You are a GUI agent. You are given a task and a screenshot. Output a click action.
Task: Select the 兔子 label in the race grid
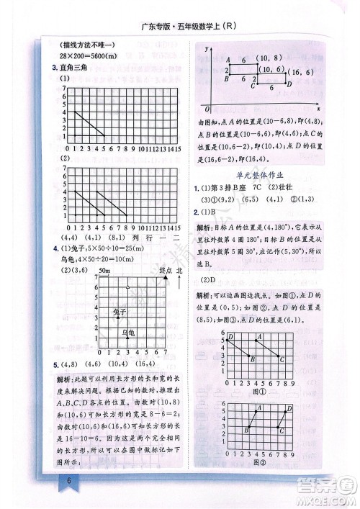pyautogui.click(x=120, y=311)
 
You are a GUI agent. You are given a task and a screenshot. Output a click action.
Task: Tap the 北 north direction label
pyautogui.click(x=180, y=269)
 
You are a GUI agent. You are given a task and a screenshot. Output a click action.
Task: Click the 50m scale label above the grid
pyautogui.click(x=104, y=270)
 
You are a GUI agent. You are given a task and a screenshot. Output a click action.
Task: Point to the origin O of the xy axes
pyautogui.click(x=207, y=108)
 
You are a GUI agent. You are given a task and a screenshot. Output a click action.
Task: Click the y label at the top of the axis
pyautogui.click(x=206, y=47)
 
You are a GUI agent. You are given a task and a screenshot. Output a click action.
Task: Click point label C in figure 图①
pyautogui.click(x=282, y=359)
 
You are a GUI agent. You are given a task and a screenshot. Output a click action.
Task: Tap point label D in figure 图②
pyautogui.click(x=289, y=407)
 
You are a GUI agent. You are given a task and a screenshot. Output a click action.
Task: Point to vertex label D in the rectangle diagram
pyautogui.click(x=288, y=84)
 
